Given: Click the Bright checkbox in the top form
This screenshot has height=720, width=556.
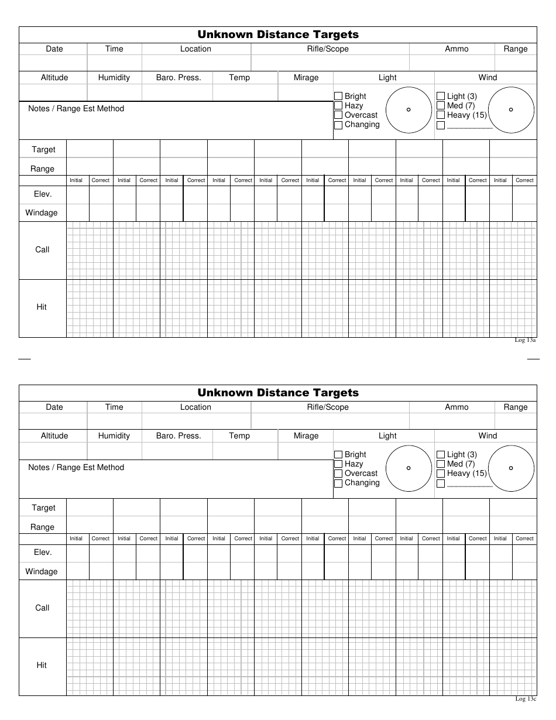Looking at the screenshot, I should pos(338,97).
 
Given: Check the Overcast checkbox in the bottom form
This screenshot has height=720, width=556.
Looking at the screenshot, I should pos(338,474).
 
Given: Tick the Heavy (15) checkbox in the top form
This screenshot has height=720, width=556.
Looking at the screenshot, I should pos(441,115).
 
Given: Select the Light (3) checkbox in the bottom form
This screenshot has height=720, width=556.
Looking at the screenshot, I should pos(441,455).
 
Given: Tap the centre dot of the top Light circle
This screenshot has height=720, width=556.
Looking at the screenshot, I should pos(409,109).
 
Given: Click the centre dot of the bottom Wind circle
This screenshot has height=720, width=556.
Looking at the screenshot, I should pos(511,468).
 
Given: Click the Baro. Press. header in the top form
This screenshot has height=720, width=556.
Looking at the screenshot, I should pos(179,78).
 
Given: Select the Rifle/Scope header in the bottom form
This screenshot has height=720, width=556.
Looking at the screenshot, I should pos(328,407).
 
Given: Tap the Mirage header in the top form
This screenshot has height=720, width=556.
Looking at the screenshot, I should pos(306,78).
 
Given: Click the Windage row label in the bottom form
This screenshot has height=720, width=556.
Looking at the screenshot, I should pos(42,571).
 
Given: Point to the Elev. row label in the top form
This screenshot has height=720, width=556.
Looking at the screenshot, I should pos(43,194).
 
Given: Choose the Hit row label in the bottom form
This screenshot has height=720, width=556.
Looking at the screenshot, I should pos(42,666).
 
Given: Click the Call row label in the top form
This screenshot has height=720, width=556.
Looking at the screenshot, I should pos(42,250).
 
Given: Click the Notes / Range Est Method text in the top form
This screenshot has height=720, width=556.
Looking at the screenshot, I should pos(76,109).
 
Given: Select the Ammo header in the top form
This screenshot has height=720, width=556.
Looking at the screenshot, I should pos(457,49).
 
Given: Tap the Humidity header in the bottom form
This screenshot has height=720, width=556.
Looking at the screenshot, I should pos(114,436).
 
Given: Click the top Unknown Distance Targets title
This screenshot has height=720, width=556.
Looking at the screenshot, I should pos(278,35).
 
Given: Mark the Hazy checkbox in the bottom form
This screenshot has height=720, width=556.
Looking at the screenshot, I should pos(338,464).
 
